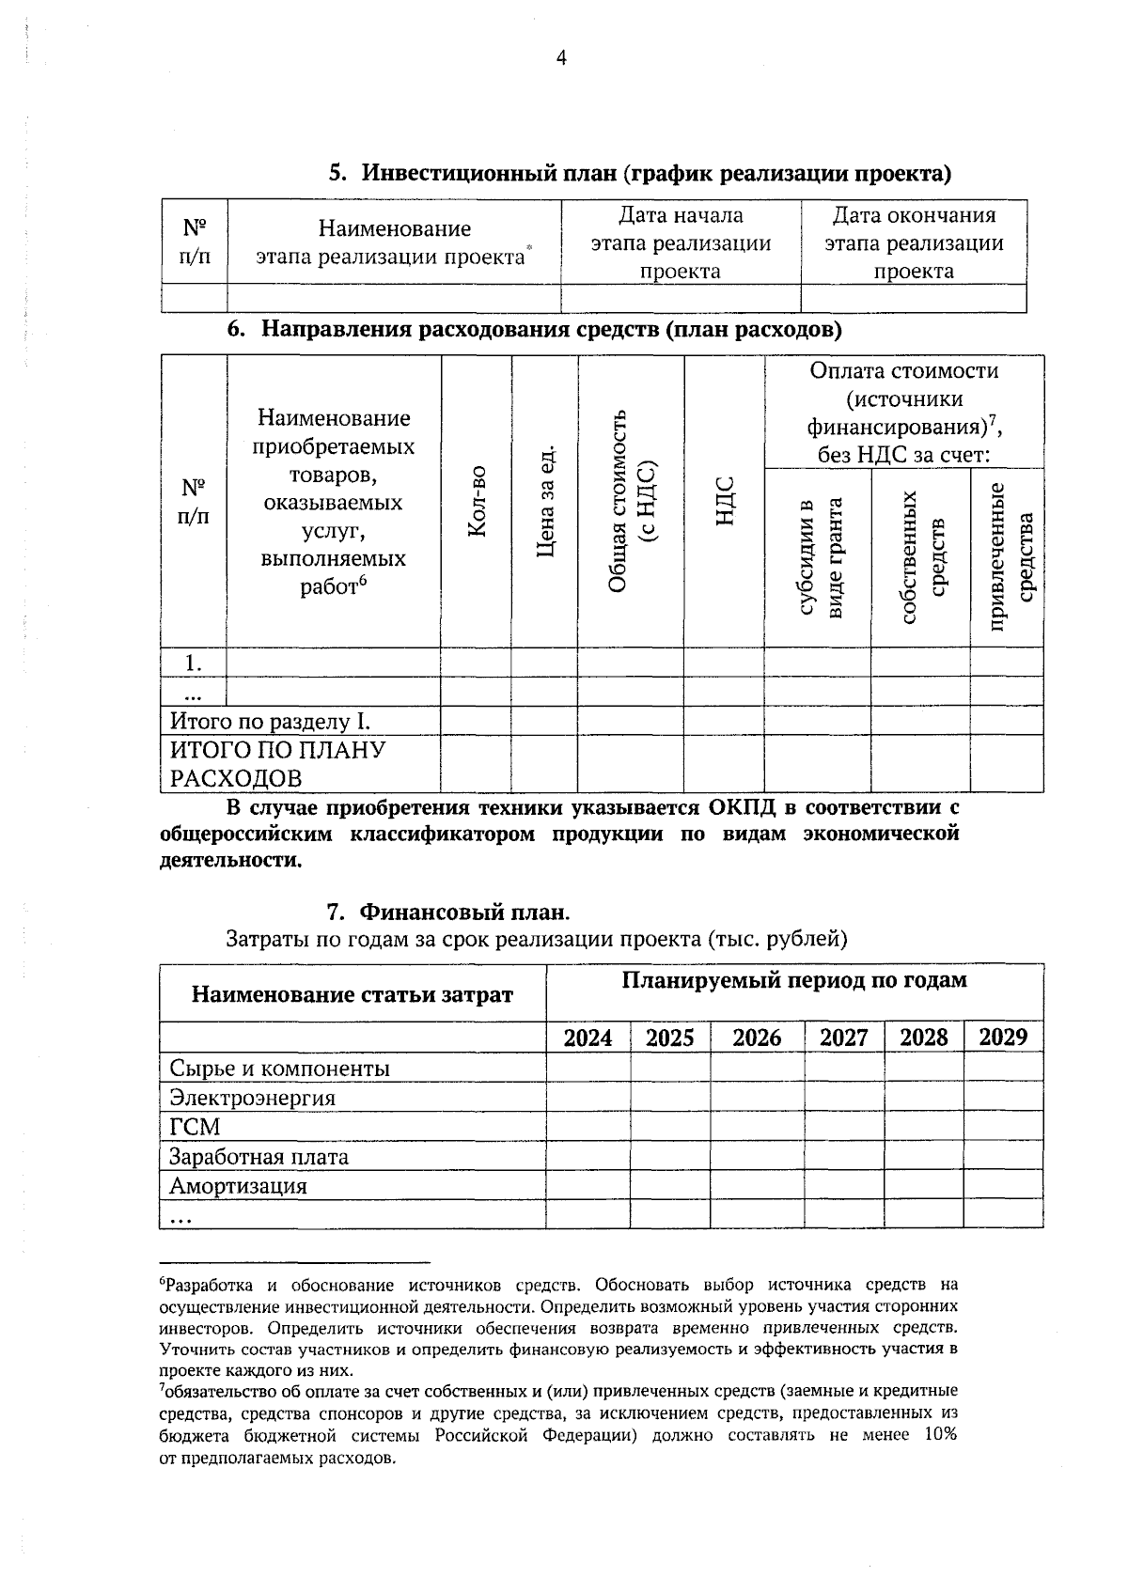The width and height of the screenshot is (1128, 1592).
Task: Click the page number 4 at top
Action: click(561, 58)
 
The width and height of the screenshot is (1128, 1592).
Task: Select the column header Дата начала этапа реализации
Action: click(681, 243)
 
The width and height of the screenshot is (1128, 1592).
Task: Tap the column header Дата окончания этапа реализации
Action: click(914, 243)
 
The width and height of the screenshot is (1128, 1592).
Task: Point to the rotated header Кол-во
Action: click(477, 502)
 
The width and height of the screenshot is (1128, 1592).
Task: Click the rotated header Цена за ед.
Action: click(544, 502)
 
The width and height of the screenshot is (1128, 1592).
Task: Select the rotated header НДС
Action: click(724, 502)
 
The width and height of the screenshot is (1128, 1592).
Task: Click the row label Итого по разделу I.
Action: click(270, 722)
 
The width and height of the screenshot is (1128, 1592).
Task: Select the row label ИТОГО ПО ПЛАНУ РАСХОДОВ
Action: click(277, 764)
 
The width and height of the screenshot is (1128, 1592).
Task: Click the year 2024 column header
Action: click(587, 1038)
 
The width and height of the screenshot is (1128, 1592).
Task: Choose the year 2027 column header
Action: click(843, 1038)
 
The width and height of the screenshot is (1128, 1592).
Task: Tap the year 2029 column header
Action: click(1003, 1038)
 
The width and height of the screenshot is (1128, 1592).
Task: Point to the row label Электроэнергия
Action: click(252, 1098)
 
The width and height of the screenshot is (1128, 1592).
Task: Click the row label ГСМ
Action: click(195, 1127)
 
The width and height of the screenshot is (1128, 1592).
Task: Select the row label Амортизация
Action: click(238, 1186)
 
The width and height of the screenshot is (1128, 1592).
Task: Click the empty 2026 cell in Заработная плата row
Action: click(757, 1156)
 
